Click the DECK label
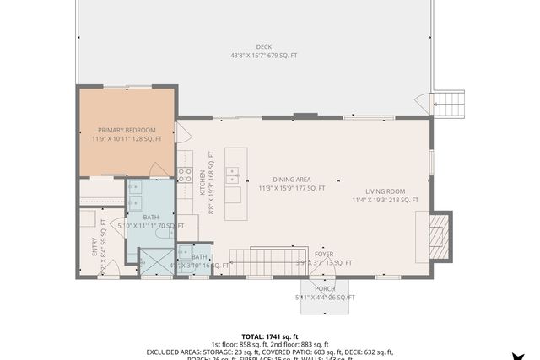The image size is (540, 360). (264, 46)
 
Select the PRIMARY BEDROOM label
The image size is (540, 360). (125, 130)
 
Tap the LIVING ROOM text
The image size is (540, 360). (385, 191)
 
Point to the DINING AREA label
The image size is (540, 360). (292, 180)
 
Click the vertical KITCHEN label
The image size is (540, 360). (202, 180)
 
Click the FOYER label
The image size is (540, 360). (324, 254)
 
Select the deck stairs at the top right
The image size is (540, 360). (449, 105)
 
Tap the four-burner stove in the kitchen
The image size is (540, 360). (185, 176)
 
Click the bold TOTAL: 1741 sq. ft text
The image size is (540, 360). (269, 336)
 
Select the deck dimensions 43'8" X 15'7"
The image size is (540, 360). (264, 56)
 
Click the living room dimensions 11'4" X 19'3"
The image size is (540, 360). (385, 201)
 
